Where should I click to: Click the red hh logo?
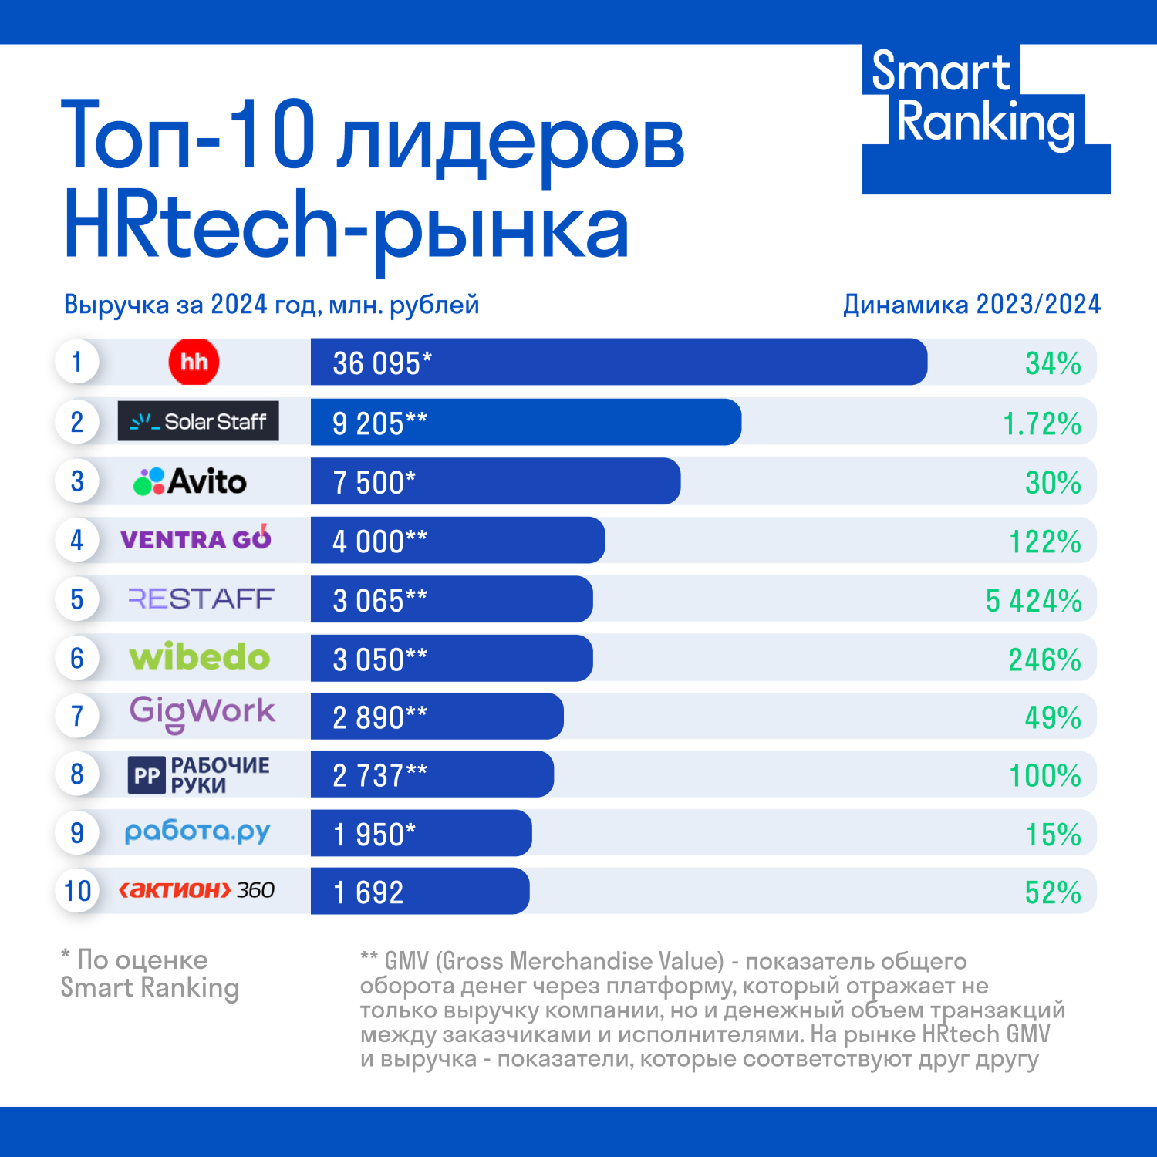pos(194,362)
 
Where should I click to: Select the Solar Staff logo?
pos(198,421)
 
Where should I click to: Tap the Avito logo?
pos(191,481)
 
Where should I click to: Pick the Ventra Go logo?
pos(196,538)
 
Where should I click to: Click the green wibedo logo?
pos(200,657)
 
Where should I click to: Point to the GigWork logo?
pos(202,713)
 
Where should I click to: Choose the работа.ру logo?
pos(197,831)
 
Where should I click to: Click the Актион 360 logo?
pos(197,890)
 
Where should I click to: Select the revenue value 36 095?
pos(382,363)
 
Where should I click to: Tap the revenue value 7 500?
pos(373,483)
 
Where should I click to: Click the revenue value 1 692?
pos(368,892)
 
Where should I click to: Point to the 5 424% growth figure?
pos(1034,601)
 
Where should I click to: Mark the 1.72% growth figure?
pos(1041,423)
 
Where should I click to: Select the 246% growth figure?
pos(1044,660)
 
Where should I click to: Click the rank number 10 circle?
pos(77,891)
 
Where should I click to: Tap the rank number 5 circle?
pos(77,599)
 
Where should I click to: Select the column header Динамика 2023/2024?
pos(971,305)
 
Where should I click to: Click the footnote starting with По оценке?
pos(150,973)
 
